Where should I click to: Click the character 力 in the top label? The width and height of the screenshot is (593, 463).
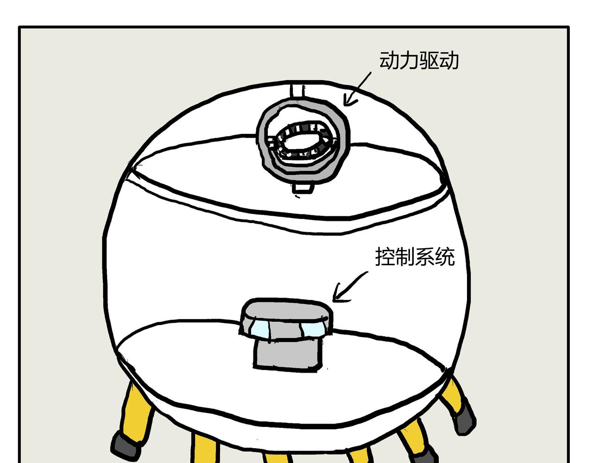click(x=409, y=60)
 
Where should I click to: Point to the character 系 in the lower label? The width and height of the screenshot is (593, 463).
click(x=425, y=257)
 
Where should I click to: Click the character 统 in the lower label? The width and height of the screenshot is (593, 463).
click(x=445, y=257)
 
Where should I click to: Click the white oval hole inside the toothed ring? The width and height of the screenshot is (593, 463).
click(x=302, y=141)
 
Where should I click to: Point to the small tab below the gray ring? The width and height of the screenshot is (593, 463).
click(x=303, y=188)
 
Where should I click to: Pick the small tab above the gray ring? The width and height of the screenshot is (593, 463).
click(x=297, y=91)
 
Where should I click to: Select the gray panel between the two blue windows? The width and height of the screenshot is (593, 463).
click(x=285, y=331)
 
